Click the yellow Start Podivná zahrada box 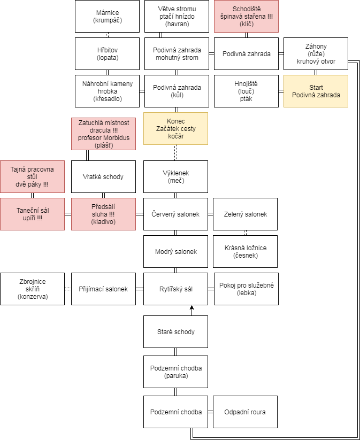(316, 91)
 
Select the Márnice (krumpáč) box (107, 16)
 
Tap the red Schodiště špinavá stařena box (246, 16)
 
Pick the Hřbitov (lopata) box (107, 53)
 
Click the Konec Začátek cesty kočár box (175, 128)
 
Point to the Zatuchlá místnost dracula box (103, 134)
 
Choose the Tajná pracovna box (32, 176)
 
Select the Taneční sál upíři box (32, 214)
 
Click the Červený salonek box (175, 214)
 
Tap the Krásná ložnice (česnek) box (245, 251)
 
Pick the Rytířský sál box (175, 289)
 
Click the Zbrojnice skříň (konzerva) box (32, 289)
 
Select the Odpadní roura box (245, 412)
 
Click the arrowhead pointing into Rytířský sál (192, 307)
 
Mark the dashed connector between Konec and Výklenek (175, 153)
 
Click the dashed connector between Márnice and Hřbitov (107, 35)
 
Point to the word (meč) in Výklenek (175, 180)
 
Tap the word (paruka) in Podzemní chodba (175, 375)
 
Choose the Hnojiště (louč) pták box (246, 91)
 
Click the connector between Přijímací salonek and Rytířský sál (140, 289)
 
